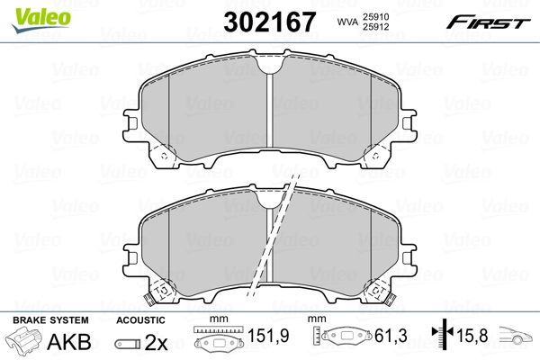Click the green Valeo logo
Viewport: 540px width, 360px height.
pos(41,20)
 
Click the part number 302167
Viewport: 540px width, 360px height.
pos(270,22)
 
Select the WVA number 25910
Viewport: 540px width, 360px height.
pos(375,17)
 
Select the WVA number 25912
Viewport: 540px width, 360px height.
pos(375,27)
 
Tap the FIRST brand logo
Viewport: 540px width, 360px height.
pos(488,22)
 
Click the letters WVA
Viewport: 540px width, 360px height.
pos(347,22)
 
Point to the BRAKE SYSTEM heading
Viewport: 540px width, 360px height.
pos(50,320)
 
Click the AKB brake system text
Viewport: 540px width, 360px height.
pos(69,342)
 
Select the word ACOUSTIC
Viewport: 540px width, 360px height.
pos(140,320)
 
